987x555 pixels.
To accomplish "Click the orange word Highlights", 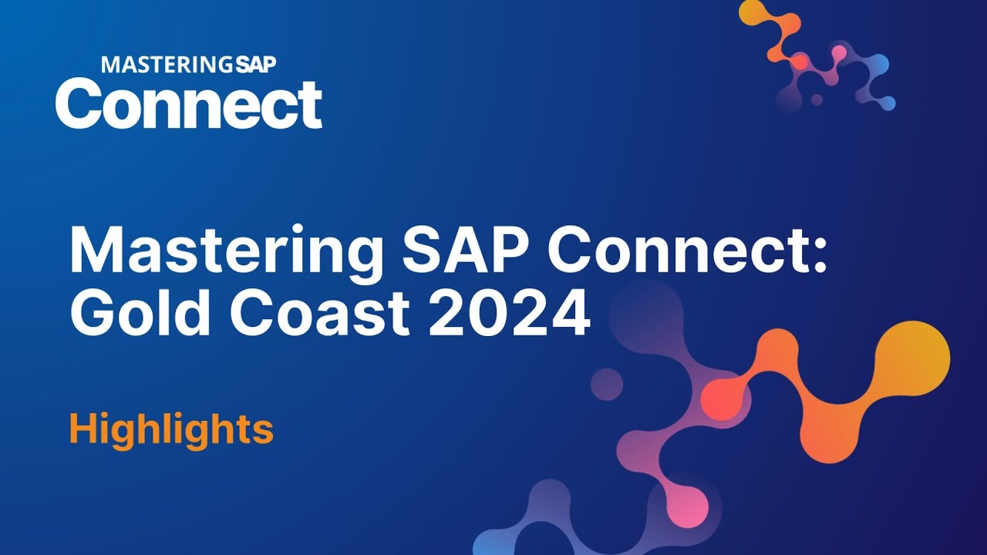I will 171,429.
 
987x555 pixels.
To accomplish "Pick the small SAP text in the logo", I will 255,65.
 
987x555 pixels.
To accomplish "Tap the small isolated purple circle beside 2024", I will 607,384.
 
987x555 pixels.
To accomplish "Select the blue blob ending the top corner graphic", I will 887,102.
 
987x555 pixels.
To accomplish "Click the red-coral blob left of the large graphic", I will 723,399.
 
